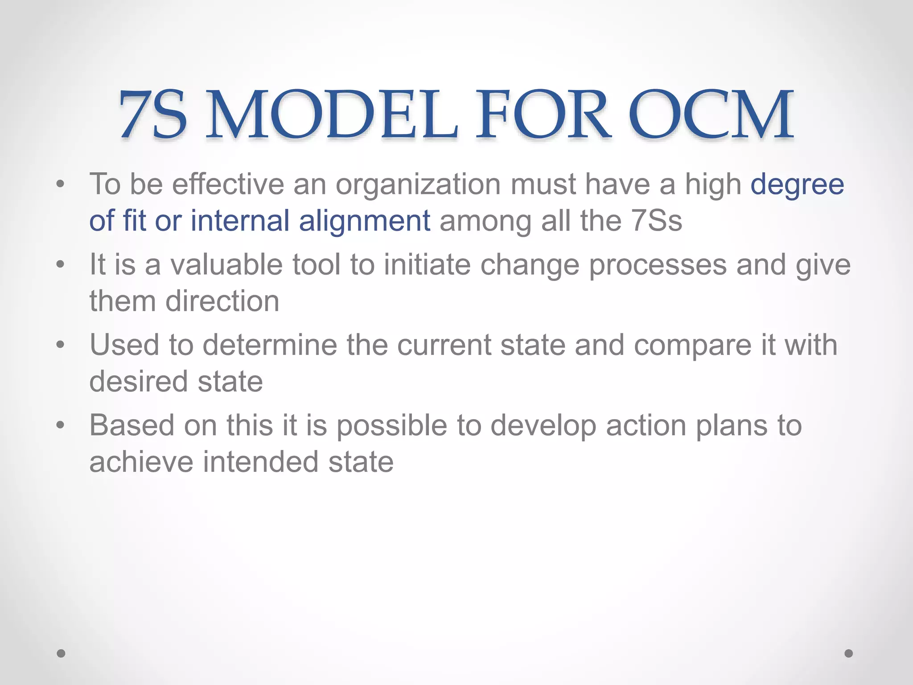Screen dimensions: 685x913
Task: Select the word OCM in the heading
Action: pyautogui.click(x=711, y=115)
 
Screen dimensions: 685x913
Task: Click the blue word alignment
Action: pyautogui.click(x=364, y=221)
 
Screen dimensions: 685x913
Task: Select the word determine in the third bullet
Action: pyautogui.click(x=270, y=345)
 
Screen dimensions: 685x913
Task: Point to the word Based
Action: pyautogui.click(x=132, y=425)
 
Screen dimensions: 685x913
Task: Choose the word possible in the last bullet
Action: pyautogui.click(x=391, y=426)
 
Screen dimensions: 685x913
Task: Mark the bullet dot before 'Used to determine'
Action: pyautogui.click(x=61, y=345)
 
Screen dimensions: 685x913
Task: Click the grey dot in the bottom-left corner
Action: pyautogui.click(x=61, y=653)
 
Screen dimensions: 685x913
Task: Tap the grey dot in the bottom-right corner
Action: pyautogui.click(x=849, y=653)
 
